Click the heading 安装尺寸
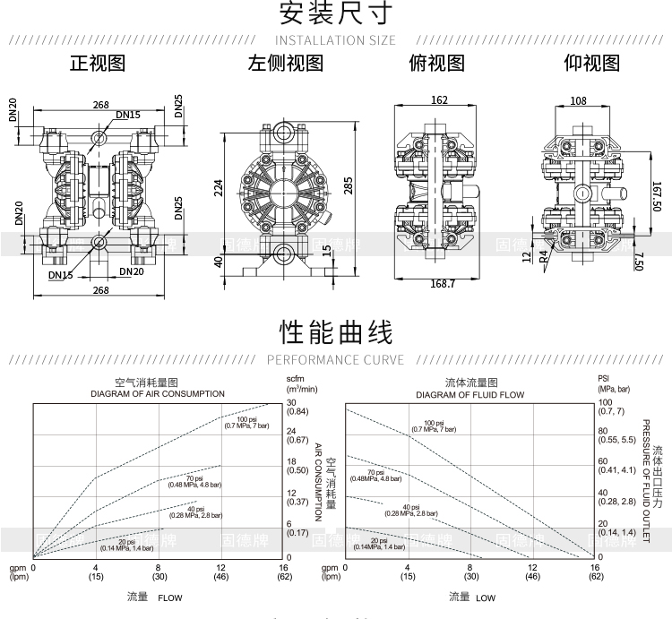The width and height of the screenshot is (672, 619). point(335,14)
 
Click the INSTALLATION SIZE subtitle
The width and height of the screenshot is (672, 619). point(335,40)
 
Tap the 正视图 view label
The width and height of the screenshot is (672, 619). point(98,64)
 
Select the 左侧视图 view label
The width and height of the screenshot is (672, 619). point(285,64)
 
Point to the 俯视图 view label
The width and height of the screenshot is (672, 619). point(436,64)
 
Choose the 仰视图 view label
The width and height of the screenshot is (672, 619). point(591,64)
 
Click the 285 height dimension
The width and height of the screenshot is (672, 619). point(348,185)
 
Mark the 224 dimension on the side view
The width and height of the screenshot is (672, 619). point(218,186)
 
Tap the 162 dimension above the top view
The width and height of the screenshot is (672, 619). point(439,100)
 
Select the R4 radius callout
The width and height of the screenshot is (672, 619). point(543,254)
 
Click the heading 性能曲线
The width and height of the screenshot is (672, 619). point(335,333)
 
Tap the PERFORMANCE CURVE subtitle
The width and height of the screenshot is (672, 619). point(335,360)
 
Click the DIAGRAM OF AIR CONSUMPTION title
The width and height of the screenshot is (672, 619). point(157,394)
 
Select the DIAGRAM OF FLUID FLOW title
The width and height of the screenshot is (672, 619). point(470,394)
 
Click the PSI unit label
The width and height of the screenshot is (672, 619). point(604,379)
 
